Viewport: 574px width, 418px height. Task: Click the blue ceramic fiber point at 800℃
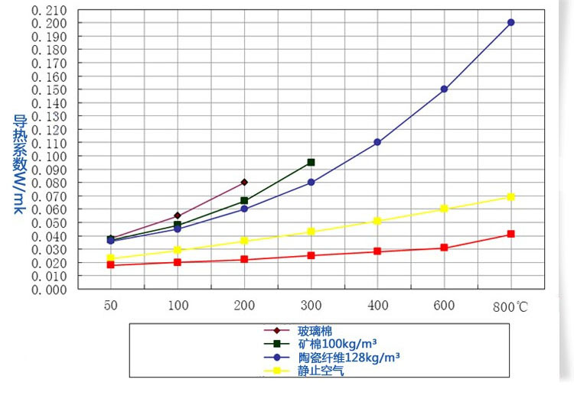pos(510,22)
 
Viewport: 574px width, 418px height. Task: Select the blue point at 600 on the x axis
pos(444,89)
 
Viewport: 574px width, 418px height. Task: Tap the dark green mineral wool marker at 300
pos(311,162)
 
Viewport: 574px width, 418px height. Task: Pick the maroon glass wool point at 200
pos(244,182)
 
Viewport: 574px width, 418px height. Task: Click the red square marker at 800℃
pos(510,234)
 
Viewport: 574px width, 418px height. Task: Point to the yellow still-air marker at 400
pos(377,221)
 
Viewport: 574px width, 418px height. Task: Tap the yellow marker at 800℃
pos(510,196)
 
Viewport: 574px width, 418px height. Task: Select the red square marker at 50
pos(111,264)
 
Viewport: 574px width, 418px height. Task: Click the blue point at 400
pos(377,142)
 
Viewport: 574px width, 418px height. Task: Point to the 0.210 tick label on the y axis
pos(50,10)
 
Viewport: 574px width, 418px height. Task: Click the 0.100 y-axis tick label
pos(50,156)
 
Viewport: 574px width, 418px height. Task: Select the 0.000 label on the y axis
pos(50,289)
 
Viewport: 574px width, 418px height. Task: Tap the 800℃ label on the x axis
pos(510,306)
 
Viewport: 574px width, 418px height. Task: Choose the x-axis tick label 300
pos(311,306)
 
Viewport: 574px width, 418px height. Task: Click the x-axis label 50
pos(111,306)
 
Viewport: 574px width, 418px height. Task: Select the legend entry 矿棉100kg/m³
pos(337,344)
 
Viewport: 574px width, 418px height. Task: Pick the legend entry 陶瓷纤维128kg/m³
pos(348,358)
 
